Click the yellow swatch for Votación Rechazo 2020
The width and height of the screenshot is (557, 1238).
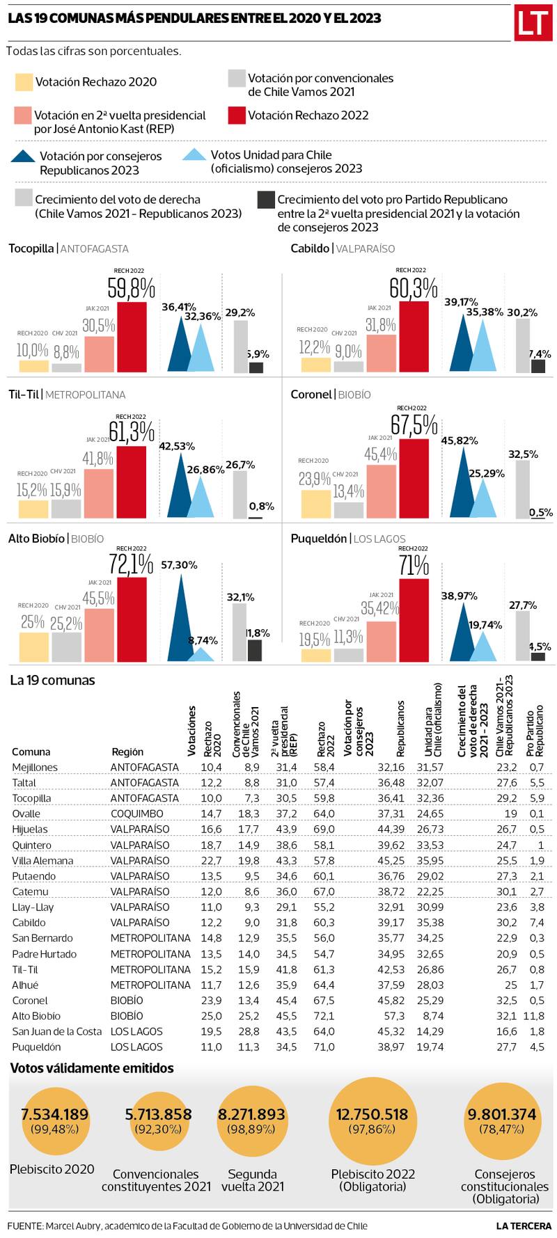point(24,82)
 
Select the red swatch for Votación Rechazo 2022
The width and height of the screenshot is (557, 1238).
point(237,116)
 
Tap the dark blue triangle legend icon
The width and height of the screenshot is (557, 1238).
point(24,157)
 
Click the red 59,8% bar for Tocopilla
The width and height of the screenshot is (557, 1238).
point(132,336)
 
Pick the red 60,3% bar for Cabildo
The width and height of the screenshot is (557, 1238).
point(414,336)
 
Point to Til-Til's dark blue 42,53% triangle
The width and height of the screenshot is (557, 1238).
point(180,487)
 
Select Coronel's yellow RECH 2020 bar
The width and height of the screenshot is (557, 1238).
point(315,505)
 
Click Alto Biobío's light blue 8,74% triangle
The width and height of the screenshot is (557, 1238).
point(201,654)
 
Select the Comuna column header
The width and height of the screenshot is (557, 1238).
point(31,752)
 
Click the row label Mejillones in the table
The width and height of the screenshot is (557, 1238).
point(35,767)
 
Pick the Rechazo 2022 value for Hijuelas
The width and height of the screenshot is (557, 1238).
point(325,829)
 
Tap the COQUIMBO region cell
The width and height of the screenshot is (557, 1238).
point(137,814)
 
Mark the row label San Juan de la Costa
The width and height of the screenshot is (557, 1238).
point(57,1031)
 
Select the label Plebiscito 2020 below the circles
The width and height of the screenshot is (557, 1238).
point(52,1169)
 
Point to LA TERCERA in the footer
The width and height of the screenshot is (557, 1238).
point(524,1225)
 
